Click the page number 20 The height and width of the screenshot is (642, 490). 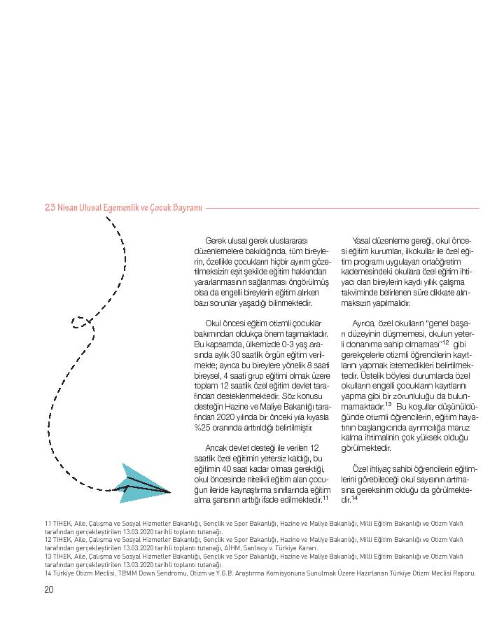tap(48, 589)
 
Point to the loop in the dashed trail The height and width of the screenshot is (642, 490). tap(82, 322)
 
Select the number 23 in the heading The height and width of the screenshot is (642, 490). tap(50, 208)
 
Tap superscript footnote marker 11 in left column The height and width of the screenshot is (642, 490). tap(326, 498)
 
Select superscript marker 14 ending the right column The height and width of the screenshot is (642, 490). tap(355, 498)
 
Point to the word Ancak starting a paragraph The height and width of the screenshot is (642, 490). tap(217, 447)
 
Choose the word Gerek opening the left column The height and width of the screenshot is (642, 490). tap(216, 240)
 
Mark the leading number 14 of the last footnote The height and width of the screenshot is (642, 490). tap(48, 573)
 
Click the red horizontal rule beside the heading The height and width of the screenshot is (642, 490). tap(343, 208)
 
